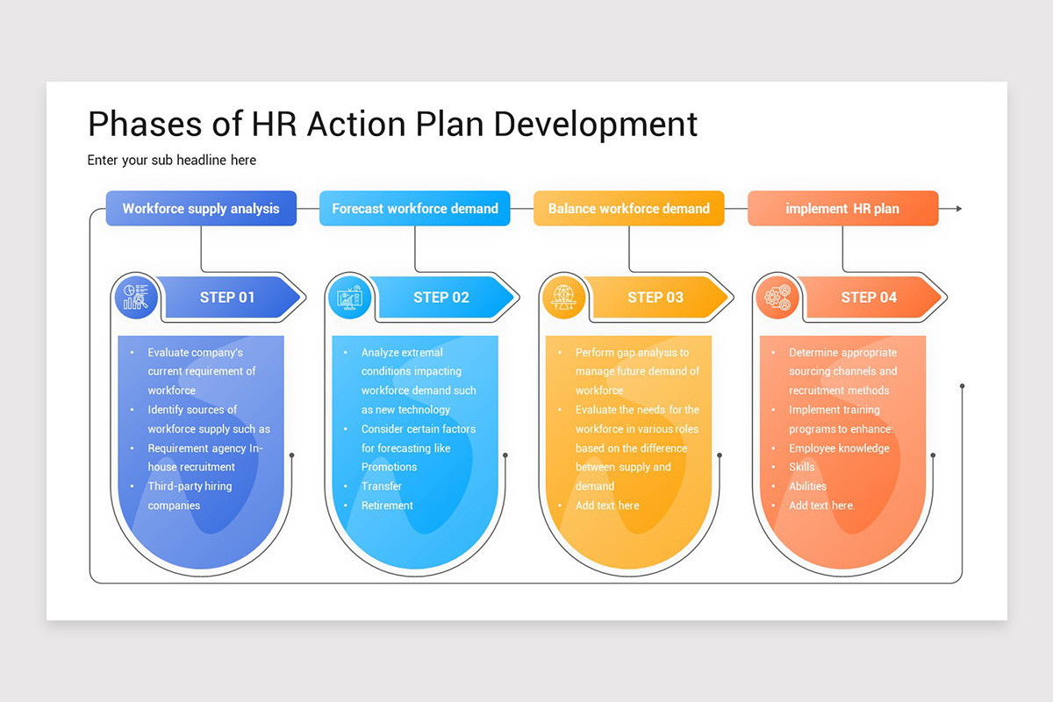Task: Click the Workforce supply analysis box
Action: tap(201, 209)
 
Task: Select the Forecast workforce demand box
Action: tap(414, 209)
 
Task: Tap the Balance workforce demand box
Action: tap(628, 209)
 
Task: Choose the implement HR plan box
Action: tap(842, 209)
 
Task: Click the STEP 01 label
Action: tap(227, 297)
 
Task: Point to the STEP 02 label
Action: tap(441, 297)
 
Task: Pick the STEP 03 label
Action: tap(655, 297)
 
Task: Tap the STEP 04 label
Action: tap(869, 297)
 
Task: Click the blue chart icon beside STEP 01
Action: tap(136, 297)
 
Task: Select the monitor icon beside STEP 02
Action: tap(349, 297)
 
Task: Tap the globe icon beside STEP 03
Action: tap(563, 297)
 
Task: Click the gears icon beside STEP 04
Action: tap(777, 297)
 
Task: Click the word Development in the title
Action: tap(596, 124)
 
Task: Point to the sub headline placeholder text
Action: tap(172, 160)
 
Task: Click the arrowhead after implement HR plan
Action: tap(958, 209)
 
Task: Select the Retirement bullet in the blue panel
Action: tap(387, 505)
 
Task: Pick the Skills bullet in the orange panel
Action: tap(801, 467)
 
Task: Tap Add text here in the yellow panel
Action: tap(607, 505)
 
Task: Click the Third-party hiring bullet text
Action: tap(190, 486)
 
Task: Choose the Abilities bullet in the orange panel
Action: tap(807, 486)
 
